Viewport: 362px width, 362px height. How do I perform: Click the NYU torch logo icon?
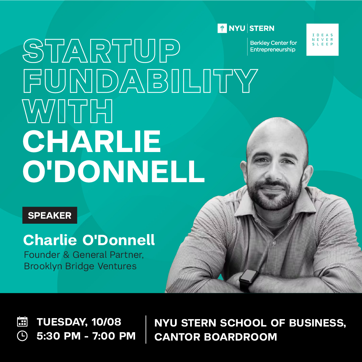coord(222,28)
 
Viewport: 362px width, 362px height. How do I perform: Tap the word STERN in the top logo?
coord(262,28)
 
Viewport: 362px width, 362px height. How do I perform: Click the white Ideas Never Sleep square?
coord(322,40)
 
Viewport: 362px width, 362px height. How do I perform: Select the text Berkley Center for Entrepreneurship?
coord(273,46)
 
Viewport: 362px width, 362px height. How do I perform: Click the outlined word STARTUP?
coord(102,51)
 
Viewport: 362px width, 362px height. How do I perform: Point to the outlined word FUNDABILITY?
coord(140,81)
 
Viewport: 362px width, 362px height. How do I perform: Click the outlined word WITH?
coord(67,111)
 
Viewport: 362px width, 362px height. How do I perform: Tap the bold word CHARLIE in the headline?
coord(92,141)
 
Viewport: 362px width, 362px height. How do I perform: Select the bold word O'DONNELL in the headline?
coord(114,171)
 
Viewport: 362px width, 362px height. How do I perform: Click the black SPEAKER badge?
coord(50,215)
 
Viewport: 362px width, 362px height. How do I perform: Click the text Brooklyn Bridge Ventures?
coord(80,266)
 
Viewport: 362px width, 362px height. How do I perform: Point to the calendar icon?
coord(22,321)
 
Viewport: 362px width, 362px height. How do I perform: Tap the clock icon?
coord(22,336)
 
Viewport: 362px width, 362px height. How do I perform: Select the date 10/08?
coord(106,322)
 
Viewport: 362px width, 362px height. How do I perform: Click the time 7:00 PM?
coord(114,336)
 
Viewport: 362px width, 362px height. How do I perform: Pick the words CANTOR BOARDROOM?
coord(216,337)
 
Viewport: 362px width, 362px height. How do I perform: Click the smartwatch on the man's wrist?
coord(248,280)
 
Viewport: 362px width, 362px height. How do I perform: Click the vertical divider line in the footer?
coord(146,330)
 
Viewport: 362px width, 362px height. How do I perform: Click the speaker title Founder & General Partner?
coord(84,255)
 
